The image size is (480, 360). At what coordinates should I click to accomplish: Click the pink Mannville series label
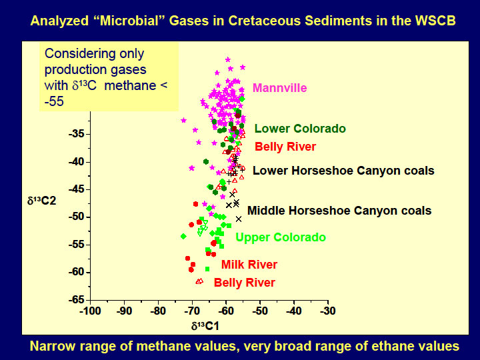[279, 88]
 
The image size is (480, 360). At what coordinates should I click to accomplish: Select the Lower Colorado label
[300, 129]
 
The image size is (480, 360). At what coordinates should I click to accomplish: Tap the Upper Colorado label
[281, 237]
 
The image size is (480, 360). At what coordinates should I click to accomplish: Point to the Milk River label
[249, 265]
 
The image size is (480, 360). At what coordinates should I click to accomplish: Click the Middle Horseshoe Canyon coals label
[339, 211]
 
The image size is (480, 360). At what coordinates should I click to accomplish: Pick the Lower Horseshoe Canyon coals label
[343, 171]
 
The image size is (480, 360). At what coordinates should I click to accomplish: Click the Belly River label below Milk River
[244, 283]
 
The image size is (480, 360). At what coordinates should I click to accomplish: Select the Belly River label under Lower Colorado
[285, 147]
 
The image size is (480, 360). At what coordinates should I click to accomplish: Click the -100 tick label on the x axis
[90, 311]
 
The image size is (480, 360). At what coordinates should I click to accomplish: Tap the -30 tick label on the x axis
[327, 311]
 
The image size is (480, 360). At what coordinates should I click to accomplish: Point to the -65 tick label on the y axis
[76, 300]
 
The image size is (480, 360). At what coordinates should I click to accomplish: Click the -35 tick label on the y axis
[76, 134]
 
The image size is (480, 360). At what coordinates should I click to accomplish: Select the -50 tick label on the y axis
[76, 217]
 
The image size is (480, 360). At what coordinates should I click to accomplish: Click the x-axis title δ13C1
[205, 326]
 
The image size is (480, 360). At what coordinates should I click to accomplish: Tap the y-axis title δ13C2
[41, 201]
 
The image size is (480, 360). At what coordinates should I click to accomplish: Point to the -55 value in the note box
[54, 101]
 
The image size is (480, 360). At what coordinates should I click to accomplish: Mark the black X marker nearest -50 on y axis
[239, 219]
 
